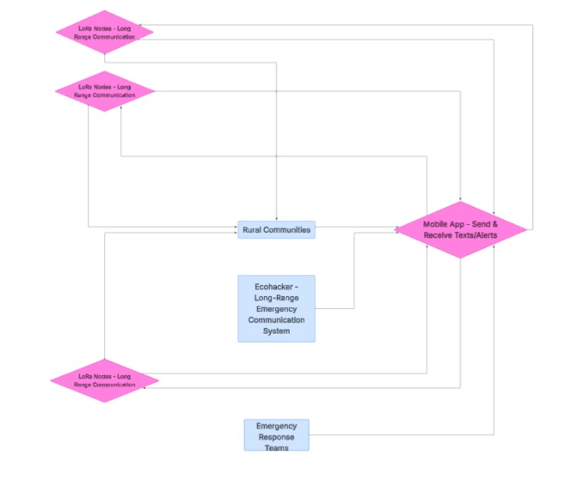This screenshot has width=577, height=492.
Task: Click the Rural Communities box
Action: [276, 229]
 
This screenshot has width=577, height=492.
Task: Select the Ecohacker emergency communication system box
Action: [276, 308]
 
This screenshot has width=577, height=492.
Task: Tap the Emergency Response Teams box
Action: [276, 435]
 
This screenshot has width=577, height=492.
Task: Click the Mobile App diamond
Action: [461, 229]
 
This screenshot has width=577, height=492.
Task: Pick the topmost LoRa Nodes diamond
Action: [104, 32]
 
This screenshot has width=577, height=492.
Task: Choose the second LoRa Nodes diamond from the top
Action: [104, 91]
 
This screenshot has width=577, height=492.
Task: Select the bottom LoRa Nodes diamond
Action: [104, 380]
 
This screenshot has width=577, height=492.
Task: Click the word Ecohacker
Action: [276, 287]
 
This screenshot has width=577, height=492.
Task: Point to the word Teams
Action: [276, 447]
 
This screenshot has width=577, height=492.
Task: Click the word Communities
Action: [287, 230]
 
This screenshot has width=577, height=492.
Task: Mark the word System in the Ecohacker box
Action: [276, 331]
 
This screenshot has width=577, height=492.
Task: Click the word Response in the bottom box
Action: [276, 436]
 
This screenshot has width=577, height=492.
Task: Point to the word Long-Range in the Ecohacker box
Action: [276, 298]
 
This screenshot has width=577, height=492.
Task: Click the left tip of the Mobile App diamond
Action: [397, 229]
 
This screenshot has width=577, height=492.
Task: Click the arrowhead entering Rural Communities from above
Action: [276, 218]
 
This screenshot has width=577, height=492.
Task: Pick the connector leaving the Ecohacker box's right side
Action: [335, 308]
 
